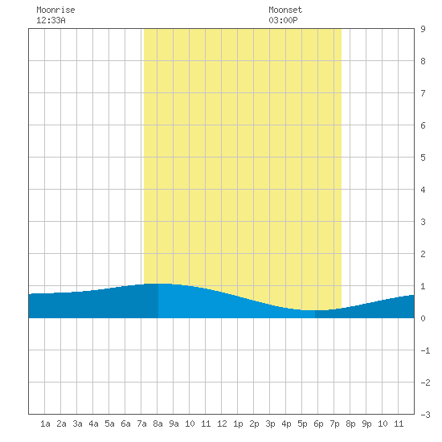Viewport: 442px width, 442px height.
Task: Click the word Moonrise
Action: [55, 10]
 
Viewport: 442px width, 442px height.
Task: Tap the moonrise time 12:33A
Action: [51, 20]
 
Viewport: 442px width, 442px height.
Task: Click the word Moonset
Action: [285, 10]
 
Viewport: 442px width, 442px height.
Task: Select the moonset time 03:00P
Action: [283, 20]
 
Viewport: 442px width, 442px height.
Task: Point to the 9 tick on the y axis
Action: [423, 29]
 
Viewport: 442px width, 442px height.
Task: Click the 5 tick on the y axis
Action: [423, 158]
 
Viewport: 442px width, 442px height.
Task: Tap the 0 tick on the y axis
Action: [423, 318]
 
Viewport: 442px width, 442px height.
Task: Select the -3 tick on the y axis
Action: [425, 415]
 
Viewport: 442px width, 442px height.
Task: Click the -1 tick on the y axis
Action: [425, 350]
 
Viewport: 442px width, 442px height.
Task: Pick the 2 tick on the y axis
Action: [423, 254]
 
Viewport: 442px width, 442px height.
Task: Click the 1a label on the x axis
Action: [45, 424]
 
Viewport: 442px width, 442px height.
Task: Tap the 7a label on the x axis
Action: [141, 424]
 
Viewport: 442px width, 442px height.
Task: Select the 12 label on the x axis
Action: [222, 424]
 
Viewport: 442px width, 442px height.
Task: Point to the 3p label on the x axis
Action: [270, 424]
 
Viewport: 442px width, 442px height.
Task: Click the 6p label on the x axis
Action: [318, 424]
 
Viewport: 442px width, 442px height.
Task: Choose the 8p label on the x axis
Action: [350, 424]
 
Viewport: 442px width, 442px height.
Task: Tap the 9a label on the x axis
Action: [174, 424]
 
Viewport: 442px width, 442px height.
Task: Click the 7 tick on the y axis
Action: [423, 93]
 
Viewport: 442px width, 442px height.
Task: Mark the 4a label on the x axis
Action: [93, 424]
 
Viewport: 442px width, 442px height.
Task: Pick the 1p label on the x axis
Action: [238, 424]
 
